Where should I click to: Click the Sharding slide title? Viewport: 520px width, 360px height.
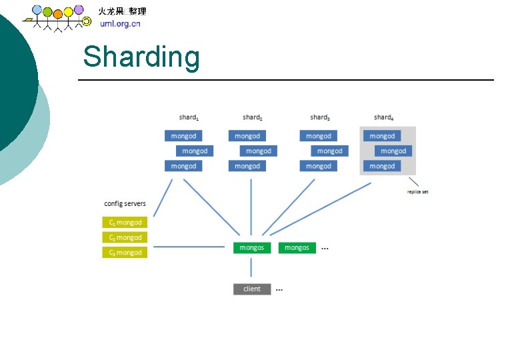pos(141,57)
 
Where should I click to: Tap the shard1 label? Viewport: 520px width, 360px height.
pos(189,117)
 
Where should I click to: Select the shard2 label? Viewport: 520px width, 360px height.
pos(253,117)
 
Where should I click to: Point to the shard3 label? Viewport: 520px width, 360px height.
pos(320,117)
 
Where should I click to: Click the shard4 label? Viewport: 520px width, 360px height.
pos(384,117)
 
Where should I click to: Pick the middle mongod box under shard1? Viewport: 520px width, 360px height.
pos(195,151)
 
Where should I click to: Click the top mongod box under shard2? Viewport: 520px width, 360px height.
pos(247,136)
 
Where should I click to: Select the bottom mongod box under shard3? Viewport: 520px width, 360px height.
pos(319,166)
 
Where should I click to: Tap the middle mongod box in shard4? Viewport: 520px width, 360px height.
pos(393,151)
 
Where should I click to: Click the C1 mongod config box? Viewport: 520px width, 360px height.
pos(125,223)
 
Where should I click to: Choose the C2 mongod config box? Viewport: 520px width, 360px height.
pos(125,237)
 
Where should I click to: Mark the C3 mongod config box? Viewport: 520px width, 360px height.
pos(125,253)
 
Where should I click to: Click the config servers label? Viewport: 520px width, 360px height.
pos(125,203)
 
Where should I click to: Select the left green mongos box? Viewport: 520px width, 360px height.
pos(252,247)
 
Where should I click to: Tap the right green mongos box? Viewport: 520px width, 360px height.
pos(297,247)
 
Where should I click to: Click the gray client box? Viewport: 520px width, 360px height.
pos(252,289)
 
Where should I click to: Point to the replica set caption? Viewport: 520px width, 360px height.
pos(417,192)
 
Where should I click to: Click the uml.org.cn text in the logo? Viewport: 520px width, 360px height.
pos(120,24)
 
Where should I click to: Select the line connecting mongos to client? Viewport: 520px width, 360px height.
pos(251,268)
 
